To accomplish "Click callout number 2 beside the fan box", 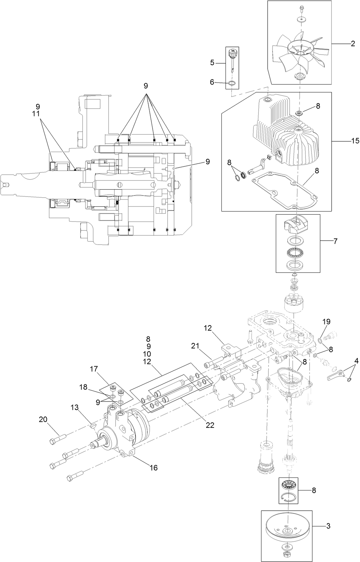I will (353, 43).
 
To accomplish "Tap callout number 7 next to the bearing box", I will (335, 241).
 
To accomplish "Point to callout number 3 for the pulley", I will (328, 526).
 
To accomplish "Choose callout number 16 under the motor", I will (154, 467).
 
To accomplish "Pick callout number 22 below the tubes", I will (210, 425).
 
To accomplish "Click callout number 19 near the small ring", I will (326, 321).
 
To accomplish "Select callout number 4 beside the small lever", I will (356, 361).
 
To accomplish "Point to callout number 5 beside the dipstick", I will (212, 62).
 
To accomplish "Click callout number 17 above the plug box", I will (94, 369).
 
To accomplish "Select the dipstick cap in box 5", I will (232, 53).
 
